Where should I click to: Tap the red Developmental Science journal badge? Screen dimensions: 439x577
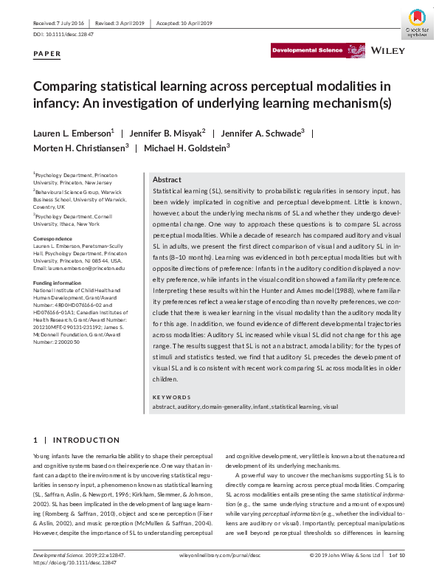point(307,50)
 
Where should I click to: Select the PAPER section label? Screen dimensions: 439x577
point(48,55)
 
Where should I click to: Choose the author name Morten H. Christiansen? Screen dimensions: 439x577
point(80,148)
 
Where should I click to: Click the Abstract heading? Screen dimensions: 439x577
point(167,180)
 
